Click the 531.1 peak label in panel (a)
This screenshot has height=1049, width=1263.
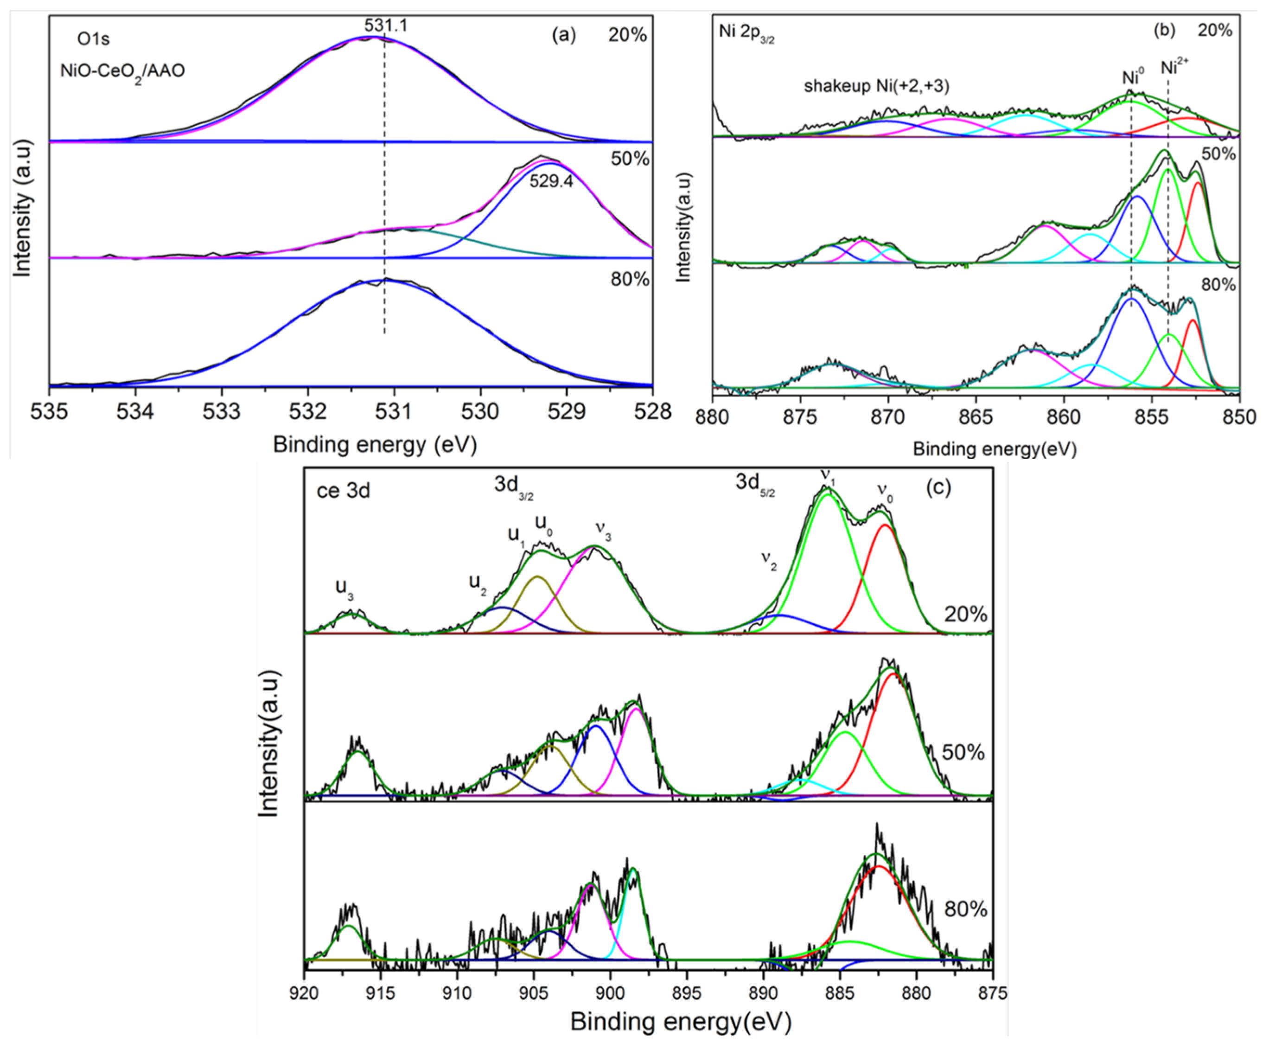pos(385,25)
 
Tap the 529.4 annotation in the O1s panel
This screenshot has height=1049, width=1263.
pos(551,181)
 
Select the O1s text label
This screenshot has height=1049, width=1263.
pos(93,40)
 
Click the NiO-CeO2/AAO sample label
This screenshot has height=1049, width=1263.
pos(122,71)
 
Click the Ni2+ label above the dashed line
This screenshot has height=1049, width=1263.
pos(1174,66)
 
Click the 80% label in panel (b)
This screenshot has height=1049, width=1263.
pos(1218,284)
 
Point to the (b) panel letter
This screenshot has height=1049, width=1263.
pos(1164,30)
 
